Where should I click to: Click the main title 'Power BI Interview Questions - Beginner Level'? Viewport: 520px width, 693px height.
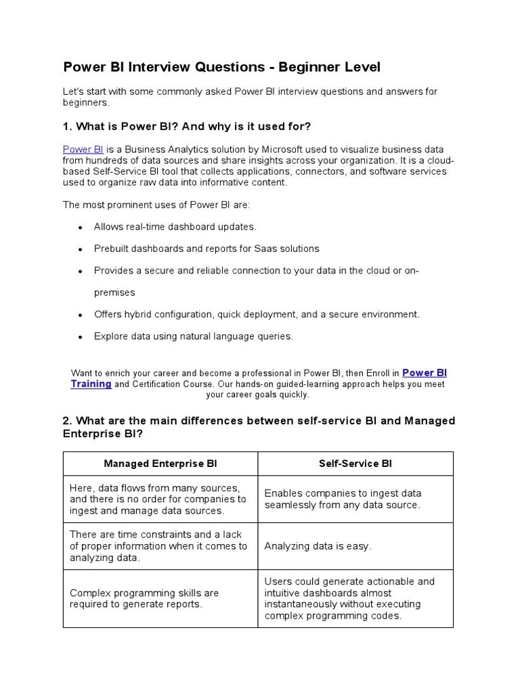coord(221,67)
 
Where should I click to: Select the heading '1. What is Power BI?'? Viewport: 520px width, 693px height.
coord(186,127)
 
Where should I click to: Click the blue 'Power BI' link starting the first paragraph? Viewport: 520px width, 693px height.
coord(83,149)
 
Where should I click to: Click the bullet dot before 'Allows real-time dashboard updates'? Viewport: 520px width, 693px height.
coord(80,227)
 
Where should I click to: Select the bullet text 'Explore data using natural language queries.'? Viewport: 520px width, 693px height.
coord(193,336)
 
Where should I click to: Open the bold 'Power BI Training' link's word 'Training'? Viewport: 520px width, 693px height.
coord(91,384)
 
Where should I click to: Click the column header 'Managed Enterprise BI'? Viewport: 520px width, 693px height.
coord(160,464)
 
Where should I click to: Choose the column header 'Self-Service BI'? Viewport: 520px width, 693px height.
coord(355,464)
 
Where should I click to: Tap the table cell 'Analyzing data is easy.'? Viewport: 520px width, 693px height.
coord(318,546)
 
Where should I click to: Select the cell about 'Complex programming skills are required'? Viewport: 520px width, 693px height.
coord(144,598)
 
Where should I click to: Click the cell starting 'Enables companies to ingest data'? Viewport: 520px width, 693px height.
coord(343,499)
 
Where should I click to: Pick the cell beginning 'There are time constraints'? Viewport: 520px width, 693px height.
coord(158,546)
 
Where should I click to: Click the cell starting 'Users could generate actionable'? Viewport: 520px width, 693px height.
coord(349,598)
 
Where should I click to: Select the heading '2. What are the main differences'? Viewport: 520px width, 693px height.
coord(258,427)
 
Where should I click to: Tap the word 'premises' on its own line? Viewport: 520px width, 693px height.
coord(114,292)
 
